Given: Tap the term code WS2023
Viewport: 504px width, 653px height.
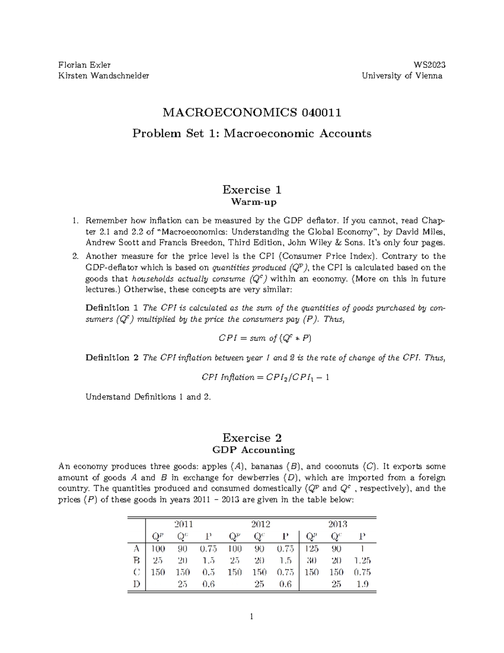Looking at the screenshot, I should coord(429,65).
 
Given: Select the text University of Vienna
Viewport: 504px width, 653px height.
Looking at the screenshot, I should coord(402,76).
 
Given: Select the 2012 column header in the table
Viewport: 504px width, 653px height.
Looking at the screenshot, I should coord(260,524).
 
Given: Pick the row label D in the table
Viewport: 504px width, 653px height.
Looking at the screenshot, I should coord(136,584).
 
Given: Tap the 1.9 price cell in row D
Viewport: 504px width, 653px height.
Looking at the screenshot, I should coord(362,584).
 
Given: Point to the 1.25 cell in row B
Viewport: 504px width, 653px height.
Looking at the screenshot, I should coord(362,560).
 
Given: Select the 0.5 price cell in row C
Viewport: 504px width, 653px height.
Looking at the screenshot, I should coord(208,572).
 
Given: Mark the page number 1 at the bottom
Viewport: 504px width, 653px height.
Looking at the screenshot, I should coord(252,617).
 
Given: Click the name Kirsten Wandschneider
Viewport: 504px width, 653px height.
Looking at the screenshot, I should coord(103,76).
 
